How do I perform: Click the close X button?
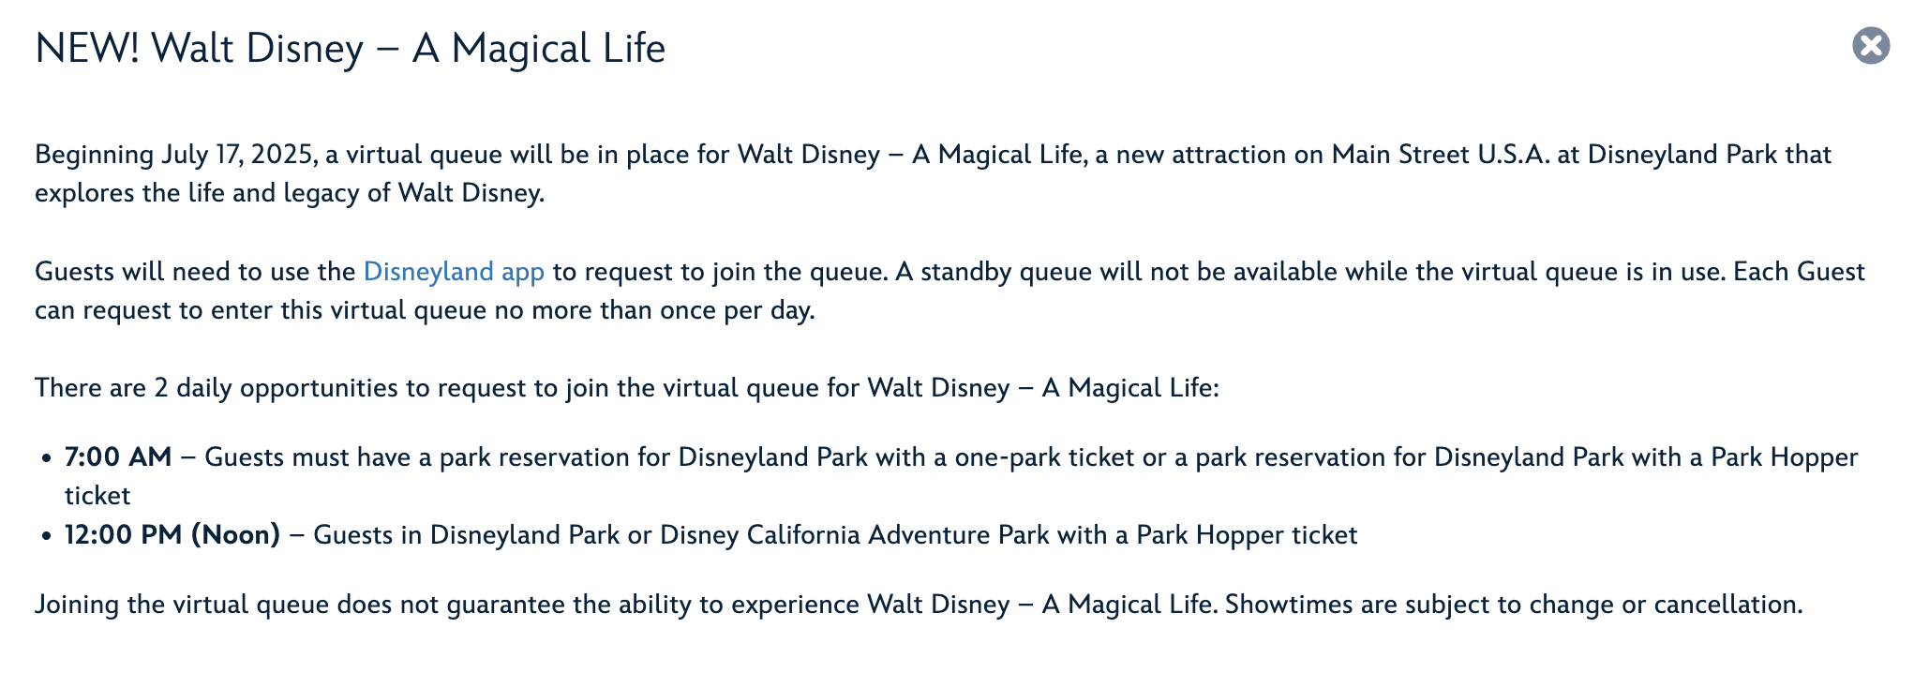(x=1871, y=46)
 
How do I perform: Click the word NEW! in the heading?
(x=87, y=49)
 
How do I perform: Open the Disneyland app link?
(x=454, y=272)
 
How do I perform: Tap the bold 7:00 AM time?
(x=118, y=457)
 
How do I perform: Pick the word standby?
(x=965, y=273)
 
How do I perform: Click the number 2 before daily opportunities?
(x=161, y=388)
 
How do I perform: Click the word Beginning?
(x=95, y=156)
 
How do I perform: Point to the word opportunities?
(x=320, y=389)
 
